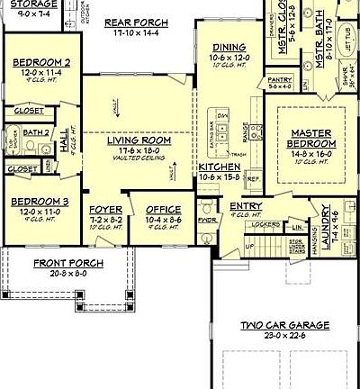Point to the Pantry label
[x=280, y=80]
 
